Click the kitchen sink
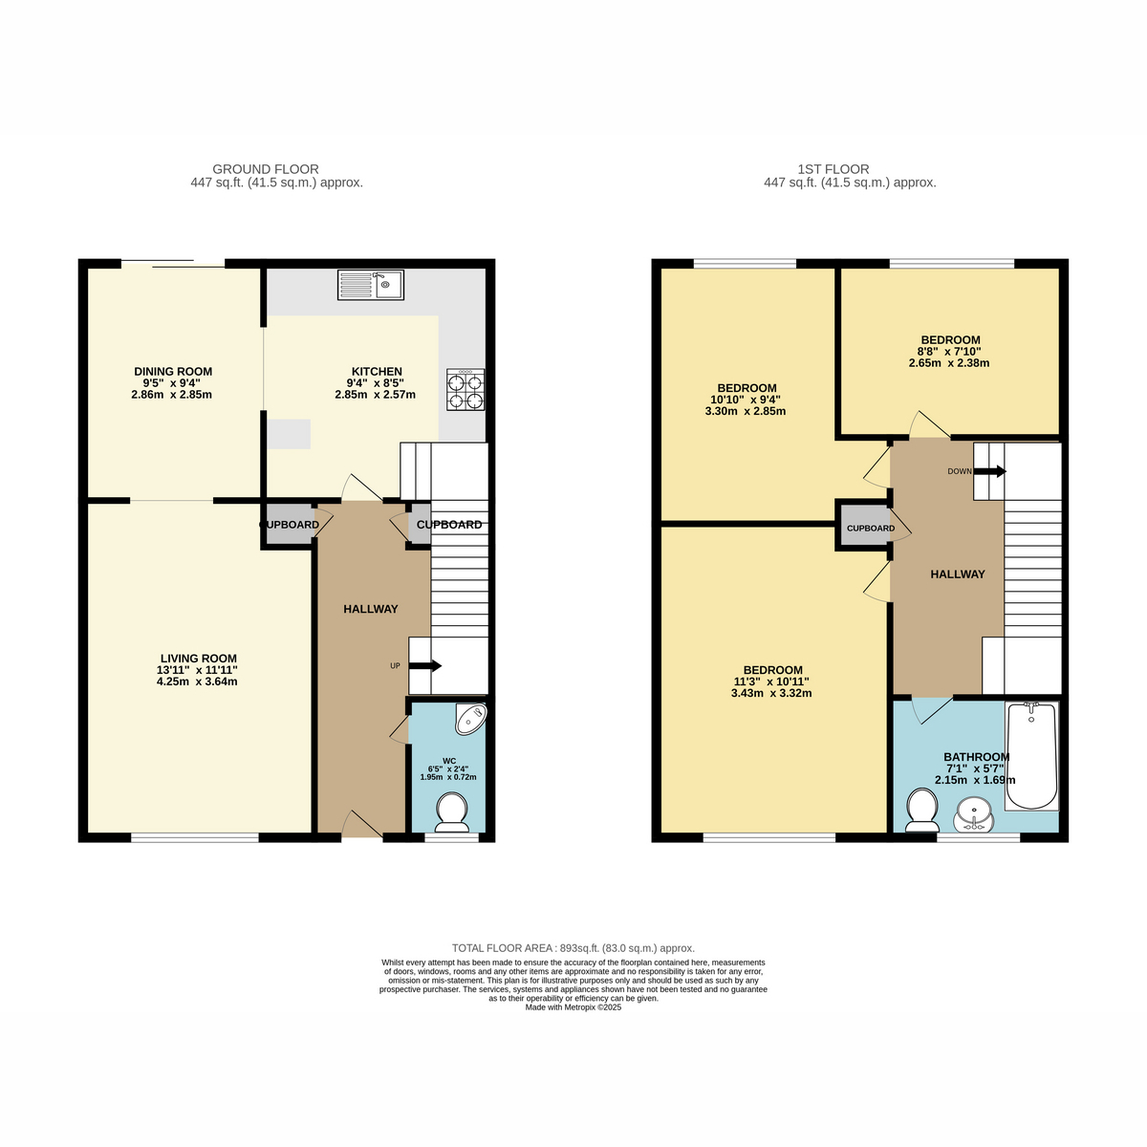point(370,285)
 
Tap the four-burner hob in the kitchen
point(465,389)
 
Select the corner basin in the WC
point(471,719)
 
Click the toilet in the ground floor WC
point(452,812)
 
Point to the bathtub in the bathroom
point(1031,756)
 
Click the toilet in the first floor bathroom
point(922,811)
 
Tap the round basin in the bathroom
point(973,815)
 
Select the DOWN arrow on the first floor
point(989,471)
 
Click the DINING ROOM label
point(173,372)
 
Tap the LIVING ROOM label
point(198,659)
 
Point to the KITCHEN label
point(377,372)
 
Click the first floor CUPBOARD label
point(870,528)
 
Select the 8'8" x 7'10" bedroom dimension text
point(949,352)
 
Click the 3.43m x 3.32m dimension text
point(771,693)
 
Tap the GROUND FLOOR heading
point(266,169)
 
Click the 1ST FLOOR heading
point(833,169)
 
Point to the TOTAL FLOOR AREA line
point(573,948)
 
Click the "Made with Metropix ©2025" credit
point(573,1007)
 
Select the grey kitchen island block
point(289,434)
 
